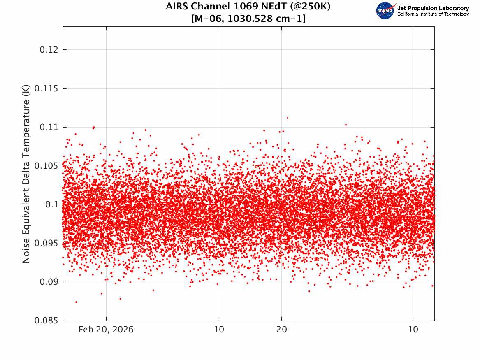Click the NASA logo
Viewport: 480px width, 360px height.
tap(385, 11)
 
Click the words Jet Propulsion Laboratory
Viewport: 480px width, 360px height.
tap(433, 8)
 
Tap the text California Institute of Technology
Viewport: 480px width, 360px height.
tap(433, 14)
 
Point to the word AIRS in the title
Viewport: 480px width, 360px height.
tap(176, 7)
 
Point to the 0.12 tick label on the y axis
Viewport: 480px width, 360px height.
tap(49, 50)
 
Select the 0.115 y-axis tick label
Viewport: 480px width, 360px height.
tap(46, 88)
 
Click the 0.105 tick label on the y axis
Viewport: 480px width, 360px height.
tap(46, 166)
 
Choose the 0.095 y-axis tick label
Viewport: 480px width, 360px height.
tap(46, 243)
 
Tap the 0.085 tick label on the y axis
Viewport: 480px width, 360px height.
tap(46, 321)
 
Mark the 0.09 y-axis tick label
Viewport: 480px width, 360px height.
tap(49, 282)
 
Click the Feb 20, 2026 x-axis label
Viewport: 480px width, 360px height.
tap(106, 330)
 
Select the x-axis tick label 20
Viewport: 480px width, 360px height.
tap(281, 330)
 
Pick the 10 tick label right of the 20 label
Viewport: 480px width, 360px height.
tap(413, 330)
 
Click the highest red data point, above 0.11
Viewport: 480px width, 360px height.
tap(287, 118)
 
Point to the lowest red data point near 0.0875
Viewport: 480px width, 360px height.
tap(76, 302)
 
